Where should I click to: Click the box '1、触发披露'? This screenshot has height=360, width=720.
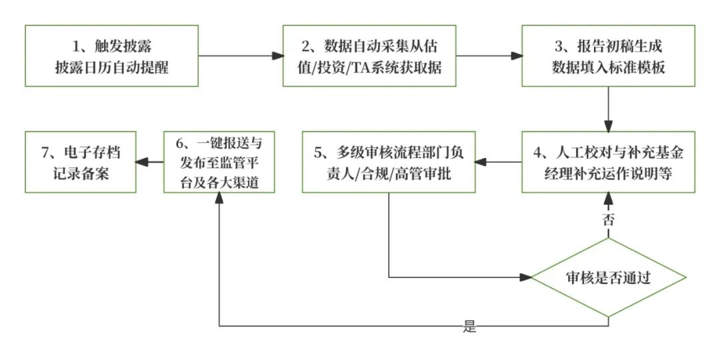tap(112, 56)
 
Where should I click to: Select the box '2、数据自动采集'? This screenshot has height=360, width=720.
tap(370, 56)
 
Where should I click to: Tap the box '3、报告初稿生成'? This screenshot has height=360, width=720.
tap(608, 56)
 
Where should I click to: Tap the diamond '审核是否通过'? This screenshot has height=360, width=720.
tap(608, 277)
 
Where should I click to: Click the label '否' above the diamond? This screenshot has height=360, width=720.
tap(608, 221)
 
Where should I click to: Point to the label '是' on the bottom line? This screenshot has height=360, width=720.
tap(470, 327)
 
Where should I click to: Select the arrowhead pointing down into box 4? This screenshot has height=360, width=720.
tap(608, 125)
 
